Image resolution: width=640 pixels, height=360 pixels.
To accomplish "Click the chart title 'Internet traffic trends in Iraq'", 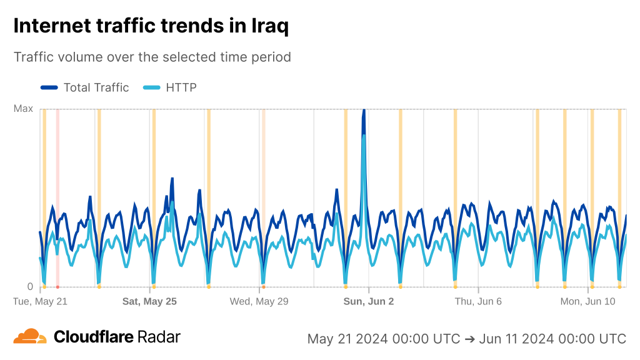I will (x=151, y=26).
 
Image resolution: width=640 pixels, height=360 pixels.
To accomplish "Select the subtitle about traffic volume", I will (x=152, y=57).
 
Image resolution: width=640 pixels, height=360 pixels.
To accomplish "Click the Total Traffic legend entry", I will (x=85, y=87).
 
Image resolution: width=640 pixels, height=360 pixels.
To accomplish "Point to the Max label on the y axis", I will (x=23, y=109).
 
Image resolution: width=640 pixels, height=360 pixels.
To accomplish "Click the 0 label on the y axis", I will (x=29, y=287).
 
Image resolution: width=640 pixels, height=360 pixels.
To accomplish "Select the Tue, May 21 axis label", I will (x=40, y=301).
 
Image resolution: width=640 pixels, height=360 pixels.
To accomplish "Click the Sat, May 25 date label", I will (x=149, y=301).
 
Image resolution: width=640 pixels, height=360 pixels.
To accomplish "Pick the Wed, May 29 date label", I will (x=259, y=301).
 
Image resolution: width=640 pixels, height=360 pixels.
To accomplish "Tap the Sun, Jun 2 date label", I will (x=369, y=301).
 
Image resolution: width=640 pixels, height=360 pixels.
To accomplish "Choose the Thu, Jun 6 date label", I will (x=478, y=301).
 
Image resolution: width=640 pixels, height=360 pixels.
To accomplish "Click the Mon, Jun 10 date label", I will (x=588, y=301).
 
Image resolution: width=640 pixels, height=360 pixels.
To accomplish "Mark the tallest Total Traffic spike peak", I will (x=364, y=111).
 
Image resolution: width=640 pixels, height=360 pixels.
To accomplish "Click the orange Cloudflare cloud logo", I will (x=30, y=336).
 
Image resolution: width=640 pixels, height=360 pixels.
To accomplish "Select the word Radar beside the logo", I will (x=159, y=337).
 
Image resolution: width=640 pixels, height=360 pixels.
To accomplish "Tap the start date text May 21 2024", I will (x=351, y=339).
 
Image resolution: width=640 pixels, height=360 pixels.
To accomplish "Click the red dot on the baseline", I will (x=57, y=287).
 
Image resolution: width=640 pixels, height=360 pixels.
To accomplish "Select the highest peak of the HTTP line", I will (x=364, y=135).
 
